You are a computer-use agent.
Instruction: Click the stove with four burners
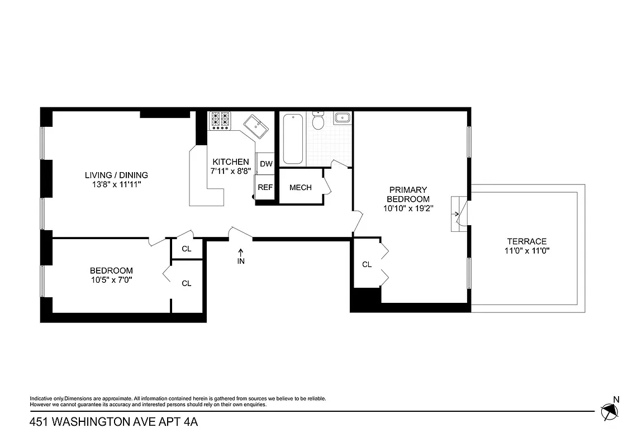[220, 121]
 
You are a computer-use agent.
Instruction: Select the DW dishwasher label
[266, 164]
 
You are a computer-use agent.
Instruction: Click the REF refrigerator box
[265, 187]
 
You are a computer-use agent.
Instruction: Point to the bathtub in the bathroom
[293, 139]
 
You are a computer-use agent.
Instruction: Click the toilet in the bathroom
[318, 120]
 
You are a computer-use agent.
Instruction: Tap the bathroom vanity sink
[341, 118]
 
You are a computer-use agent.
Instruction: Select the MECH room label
[300, 187]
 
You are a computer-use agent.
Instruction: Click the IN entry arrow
[241, 256]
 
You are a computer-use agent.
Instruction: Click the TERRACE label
[526, 241]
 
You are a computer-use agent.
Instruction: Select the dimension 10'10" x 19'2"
[409, 208]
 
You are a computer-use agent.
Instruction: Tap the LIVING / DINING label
[116, 175]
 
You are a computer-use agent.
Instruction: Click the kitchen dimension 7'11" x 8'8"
[230, 171]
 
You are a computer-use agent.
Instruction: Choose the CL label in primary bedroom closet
[367, 264]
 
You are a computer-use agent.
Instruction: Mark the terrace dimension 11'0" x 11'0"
[526, 251]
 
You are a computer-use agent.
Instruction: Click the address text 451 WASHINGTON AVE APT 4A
[113, 423]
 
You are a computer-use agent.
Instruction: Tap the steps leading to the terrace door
[457, 213]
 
